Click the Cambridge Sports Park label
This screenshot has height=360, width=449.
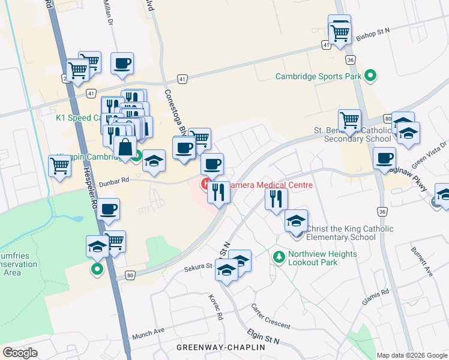pos(318,76)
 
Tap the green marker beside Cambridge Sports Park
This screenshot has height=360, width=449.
pos(370,76)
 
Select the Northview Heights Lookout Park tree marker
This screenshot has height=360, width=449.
pos(279,257)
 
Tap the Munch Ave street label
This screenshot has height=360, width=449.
pos(148,331)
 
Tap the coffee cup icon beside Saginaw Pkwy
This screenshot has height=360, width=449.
pos(384,159)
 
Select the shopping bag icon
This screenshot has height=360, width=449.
pos(125,147)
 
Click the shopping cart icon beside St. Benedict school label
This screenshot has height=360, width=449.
pos(349,121)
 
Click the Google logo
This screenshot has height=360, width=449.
pos(20,352)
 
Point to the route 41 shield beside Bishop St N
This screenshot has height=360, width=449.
pos(326,45)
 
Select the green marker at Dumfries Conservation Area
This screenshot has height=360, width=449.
pos(97,269)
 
